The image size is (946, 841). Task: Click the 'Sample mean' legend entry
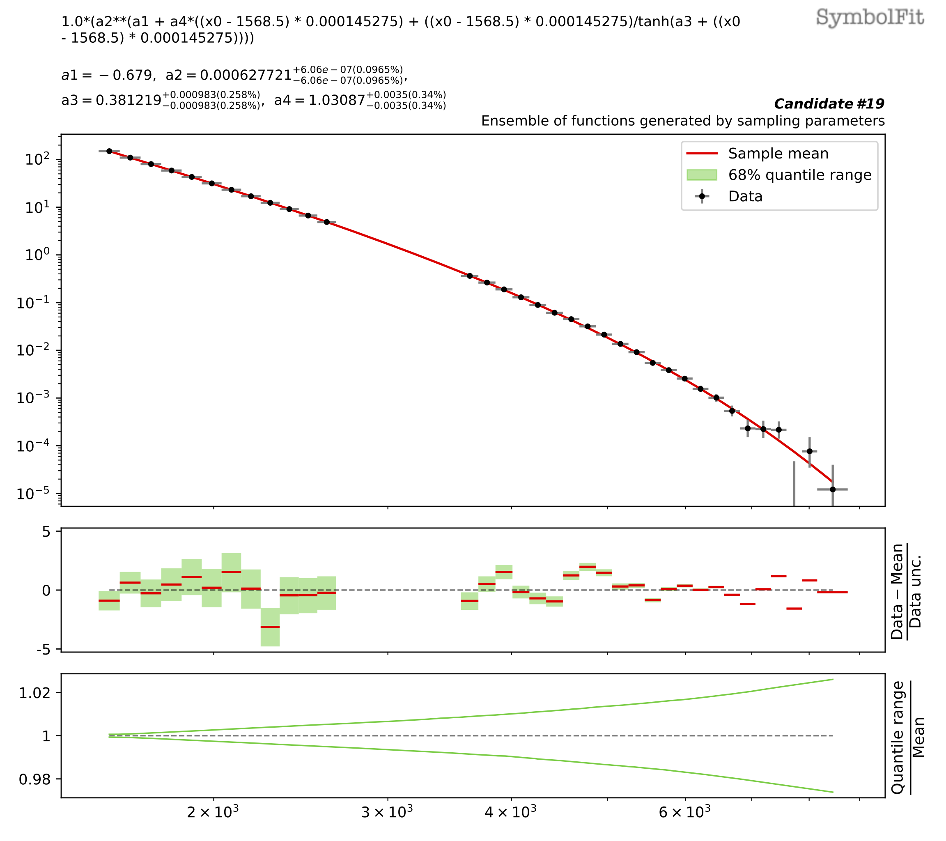pyautogui.click(x=778, y=154)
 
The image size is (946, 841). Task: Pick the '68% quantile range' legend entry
pyautogui.click(x=799, y=175)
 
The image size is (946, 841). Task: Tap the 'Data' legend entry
pyautogui.click(x=745, y=196)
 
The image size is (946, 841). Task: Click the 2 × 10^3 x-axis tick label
pyautogui.click(x=214, y=812)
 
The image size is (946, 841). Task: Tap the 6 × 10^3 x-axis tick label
pyautogui.click(x=685, y=812)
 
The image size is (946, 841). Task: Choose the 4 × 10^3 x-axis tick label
pyautogui.click(x=511, y=812)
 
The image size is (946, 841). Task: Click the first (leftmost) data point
pyautogui.click(x=109, y=151)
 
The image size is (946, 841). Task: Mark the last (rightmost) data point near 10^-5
pyautogui.click(x=833, y=489)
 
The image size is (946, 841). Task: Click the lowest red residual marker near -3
pyautogui.click(x=270, y=627)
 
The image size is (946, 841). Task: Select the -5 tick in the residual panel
pyautogui.click(x=46, y=650)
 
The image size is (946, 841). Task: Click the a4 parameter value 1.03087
pyautogui.click(x=337, y=101)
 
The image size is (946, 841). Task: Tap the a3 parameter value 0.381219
pyautogui.click(x=129, y=101)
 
